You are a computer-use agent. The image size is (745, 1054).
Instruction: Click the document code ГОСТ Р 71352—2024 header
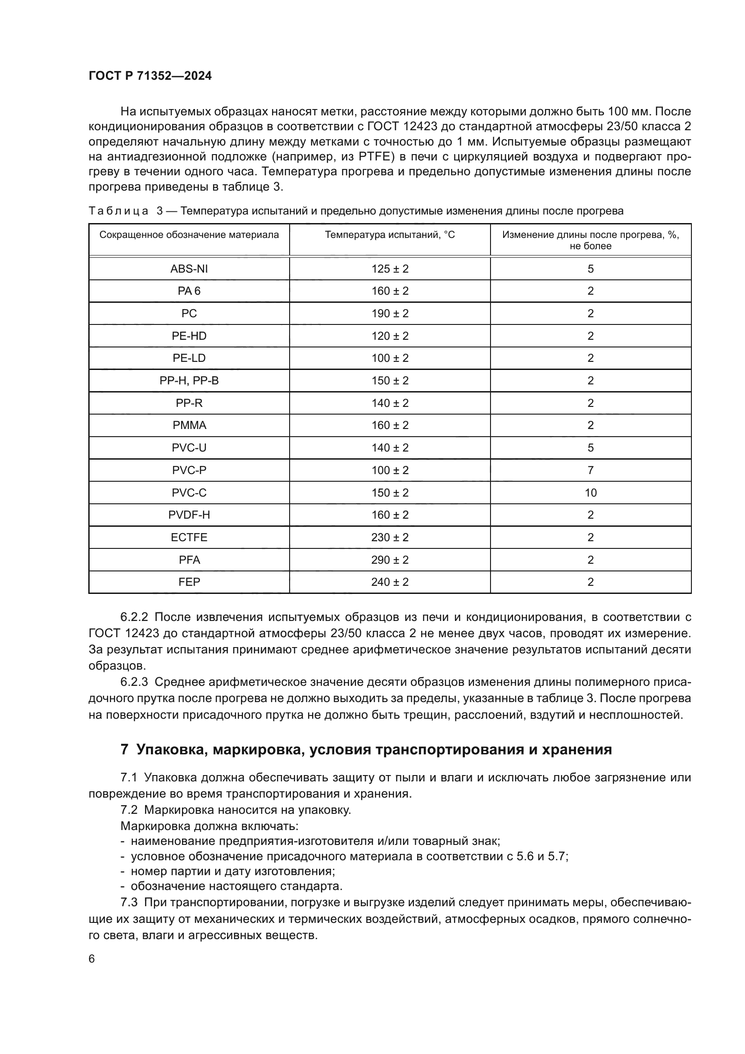(x=150, y=76)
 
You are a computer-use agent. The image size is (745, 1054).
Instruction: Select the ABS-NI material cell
(x=189, y=269)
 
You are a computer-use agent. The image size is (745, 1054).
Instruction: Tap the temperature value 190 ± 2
(x=390, y=314)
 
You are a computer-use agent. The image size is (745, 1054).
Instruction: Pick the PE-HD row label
(x=189, y=336)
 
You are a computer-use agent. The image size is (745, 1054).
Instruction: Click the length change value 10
(x=591, y=493)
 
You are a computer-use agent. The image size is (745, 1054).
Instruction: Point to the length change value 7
(x=591, y=470)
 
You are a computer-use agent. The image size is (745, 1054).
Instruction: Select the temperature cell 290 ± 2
(x=390, y=560)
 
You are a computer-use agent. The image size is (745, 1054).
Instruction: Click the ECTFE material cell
(x=189, y=538)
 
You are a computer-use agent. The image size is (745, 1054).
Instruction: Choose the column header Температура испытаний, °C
(x=390, y=235)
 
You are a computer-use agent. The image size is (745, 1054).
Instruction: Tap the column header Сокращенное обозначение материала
(x=189, y=235)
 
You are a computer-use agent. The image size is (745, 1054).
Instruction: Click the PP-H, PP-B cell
(x=189, y=381)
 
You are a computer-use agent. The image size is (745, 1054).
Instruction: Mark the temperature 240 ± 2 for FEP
(x=390, y=582)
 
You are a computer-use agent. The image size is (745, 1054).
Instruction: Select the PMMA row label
(x=189, y=425)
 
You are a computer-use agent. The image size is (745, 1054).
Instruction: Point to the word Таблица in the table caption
(x=118, y=211)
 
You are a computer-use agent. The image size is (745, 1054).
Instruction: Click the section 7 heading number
(x=124, y=750)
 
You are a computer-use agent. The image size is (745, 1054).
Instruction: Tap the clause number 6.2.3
(x=134, y=682)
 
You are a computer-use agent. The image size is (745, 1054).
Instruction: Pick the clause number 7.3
(x=129, y=903)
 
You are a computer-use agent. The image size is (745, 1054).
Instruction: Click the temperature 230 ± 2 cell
(x=390, y=538)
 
